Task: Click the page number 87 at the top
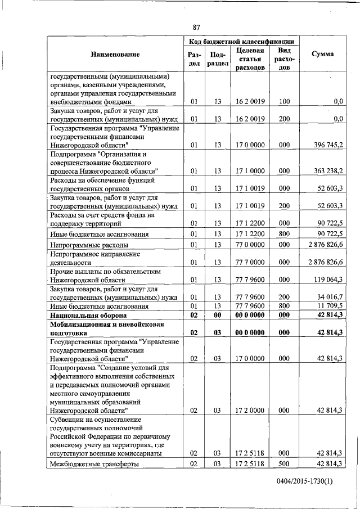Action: point(196,27)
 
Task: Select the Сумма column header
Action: point(322,54)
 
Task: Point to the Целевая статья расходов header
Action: point(251,59)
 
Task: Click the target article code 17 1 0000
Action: point(251,170)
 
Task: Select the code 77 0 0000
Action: point(251,245)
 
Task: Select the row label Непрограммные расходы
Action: point(89,245)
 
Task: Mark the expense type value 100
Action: point(284,102)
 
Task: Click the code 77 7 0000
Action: point(251,262)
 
